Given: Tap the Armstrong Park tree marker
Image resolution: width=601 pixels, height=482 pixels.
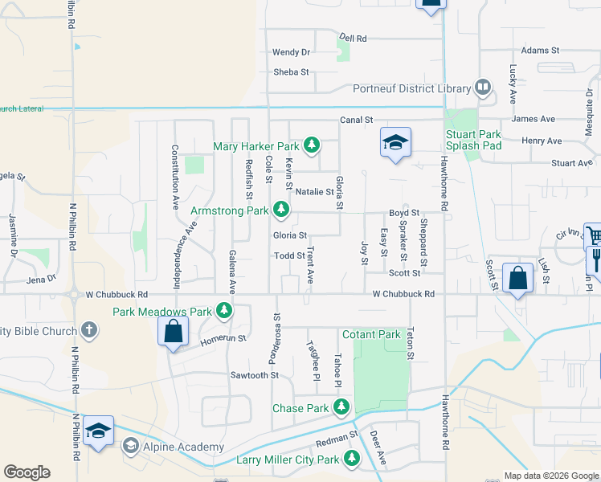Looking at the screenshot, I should (x=280, y=210).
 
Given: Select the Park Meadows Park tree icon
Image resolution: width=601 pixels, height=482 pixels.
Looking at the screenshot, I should (x=224, y=311).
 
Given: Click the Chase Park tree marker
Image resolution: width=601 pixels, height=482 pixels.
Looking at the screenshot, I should (x=341, y=408).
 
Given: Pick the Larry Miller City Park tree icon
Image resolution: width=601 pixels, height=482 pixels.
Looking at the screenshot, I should (x=351, y=460).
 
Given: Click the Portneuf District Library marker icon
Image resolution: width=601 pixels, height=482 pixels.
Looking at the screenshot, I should (x=482, y=87).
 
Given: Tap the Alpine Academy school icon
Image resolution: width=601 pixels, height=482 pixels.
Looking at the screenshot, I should (x=129, y=446).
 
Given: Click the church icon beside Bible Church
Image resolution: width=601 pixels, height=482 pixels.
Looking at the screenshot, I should (x=89, y=329).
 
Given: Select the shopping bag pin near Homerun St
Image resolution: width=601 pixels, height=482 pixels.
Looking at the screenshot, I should (x=173, y=332).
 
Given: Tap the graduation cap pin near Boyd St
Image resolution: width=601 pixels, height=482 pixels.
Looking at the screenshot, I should (x=395, y=143).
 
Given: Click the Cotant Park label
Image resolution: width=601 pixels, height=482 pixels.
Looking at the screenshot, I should (x=371, y=334).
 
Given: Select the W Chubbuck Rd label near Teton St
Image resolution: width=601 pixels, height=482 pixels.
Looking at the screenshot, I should (x=403, y=295).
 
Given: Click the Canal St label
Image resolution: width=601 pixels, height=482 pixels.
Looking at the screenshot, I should (x=357, y=120).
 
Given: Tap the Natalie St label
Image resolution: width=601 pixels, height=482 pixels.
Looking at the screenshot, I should (x=314, y=192).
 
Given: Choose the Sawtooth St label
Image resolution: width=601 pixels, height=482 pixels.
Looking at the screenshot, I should (x=254, y=375).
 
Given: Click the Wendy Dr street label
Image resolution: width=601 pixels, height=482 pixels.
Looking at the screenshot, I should (x=291, y=52).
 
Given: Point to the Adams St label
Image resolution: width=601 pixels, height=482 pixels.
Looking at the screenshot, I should (x=540, y=50).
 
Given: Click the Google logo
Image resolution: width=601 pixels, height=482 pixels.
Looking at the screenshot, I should (x=27, y=472).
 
